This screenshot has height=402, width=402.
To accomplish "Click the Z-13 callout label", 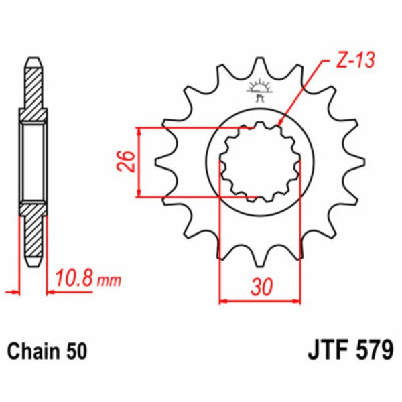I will click(352, 62).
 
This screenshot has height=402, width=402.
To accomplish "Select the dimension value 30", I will click(262, 287).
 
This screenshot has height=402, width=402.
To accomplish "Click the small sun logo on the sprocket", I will click(259, 88).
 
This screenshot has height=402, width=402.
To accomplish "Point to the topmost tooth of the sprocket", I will click(259, 64).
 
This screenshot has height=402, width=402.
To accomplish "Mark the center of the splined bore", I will click(260, 161).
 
